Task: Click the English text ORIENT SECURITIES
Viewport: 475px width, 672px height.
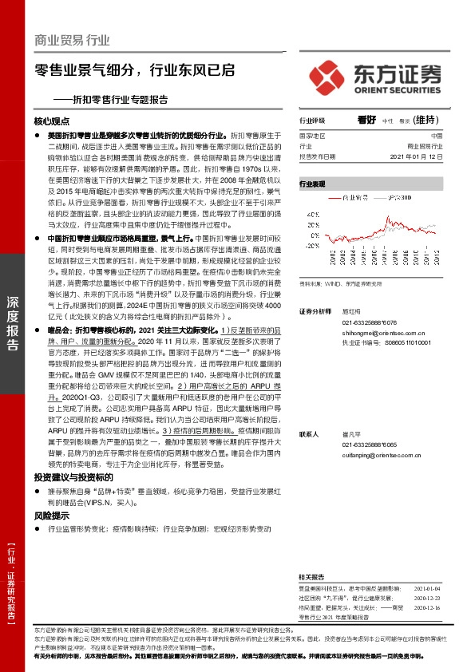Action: [395, 89]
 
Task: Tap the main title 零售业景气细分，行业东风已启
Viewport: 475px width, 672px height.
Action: [135, 69]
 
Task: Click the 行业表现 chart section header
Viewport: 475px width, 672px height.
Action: [312, 184]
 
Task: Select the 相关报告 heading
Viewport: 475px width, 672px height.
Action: [311, 577]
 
